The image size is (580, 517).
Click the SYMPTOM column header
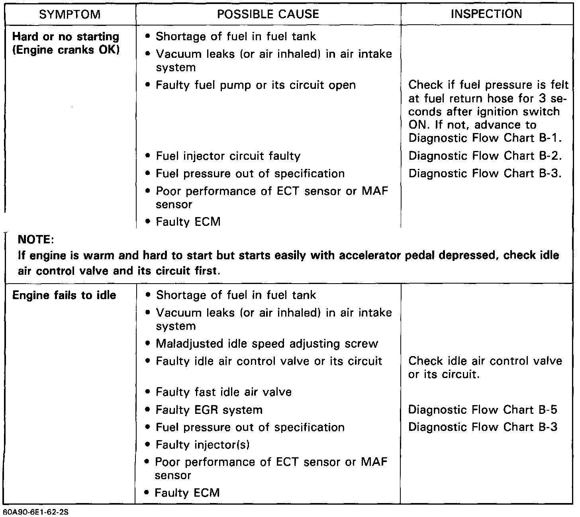70,15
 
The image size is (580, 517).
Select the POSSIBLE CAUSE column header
268,14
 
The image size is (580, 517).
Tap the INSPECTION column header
486,14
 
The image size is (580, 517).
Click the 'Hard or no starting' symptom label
66,37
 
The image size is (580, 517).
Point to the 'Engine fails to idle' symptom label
64,296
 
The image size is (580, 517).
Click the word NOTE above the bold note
36,240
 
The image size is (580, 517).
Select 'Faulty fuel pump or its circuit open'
255,85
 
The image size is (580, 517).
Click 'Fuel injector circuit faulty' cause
228,156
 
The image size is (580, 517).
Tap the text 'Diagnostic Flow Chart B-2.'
485,156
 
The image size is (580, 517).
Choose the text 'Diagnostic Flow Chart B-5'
483,410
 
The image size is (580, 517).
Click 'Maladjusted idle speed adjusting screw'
267,344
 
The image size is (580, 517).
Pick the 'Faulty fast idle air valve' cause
223,392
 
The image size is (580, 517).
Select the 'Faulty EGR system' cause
209,410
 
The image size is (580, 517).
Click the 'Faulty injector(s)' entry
202,445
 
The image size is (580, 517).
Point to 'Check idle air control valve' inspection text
485,361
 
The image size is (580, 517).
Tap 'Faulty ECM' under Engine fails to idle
187,493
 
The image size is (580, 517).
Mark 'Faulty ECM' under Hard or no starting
188,222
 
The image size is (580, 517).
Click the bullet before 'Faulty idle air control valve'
148,361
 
